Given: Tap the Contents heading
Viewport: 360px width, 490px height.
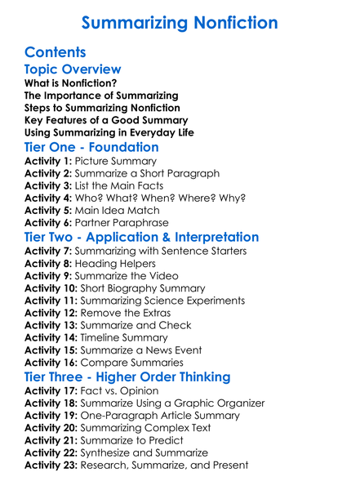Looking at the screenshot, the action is [56, 53].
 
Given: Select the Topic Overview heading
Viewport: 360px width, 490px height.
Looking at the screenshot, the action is [73, 70].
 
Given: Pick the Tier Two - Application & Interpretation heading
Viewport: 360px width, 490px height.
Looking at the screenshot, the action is [142, 237].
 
